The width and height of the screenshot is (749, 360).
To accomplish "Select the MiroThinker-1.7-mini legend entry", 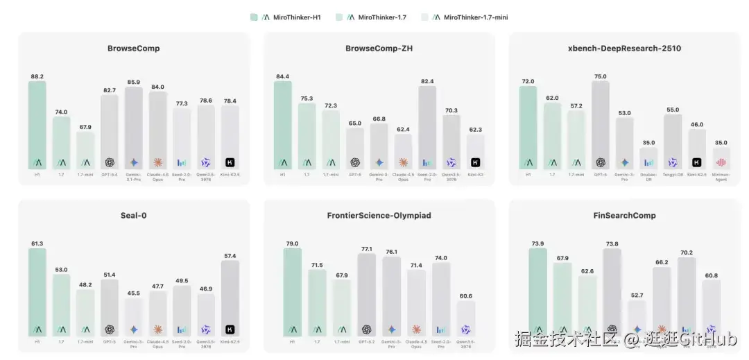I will tap(472, 17).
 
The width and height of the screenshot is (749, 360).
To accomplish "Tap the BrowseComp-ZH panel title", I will tap(379, 49).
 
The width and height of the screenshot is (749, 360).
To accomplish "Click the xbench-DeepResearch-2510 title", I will tap(623, 49).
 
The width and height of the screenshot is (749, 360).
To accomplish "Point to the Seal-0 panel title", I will tap(134, 216).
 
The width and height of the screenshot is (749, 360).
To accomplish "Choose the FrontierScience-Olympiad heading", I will tap(379, 216).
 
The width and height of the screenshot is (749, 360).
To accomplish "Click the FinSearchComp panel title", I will tap(623, 216).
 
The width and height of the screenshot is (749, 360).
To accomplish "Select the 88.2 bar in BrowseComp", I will tap(37, 125).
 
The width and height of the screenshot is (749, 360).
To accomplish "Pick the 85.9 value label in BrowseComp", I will tap(134, 81).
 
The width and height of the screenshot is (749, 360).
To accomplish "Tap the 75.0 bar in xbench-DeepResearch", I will tap(601, 125).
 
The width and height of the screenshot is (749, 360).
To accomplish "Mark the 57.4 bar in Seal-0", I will tap(230, 298).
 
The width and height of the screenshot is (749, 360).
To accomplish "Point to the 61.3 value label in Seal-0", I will tap(37, 243).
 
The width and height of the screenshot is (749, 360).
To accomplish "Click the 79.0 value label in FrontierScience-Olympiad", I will tap(292, 243).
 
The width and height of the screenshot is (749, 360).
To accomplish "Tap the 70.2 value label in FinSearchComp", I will tap(686, 252).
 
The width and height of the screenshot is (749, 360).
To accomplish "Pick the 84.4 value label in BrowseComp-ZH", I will tap(282, 76).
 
